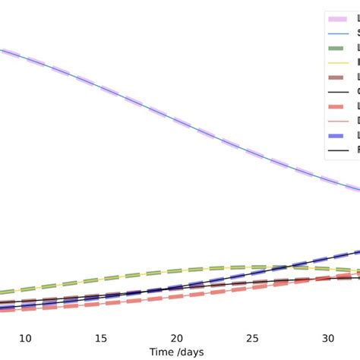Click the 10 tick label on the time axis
[25, 338]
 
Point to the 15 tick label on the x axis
[101, 338]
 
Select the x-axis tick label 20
[177, 338]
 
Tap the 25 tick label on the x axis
[253, 338]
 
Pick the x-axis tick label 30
[328, 338]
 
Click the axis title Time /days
[177, 352]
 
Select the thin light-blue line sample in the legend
[336, 33]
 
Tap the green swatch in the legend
[336, 49]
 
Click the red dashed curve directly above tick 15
[101, 304]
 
